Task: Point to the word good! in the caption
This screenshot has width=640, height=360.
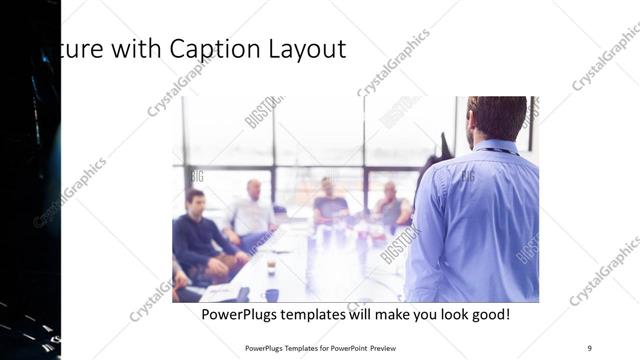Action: [x=489, y=314]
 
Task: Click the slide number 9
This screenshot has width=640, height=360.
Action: [x=589, y=347]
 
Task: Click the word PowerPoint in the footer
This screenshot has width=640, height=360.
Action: [x=343, y=347]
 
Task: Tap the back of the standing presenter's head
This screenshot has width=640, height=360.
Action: [x=497, y=115]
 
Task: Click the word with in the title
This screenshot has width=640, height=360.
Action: [x=136, y=49]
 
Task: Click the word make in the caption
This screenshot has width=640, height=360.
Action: [x=411, y=314]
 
